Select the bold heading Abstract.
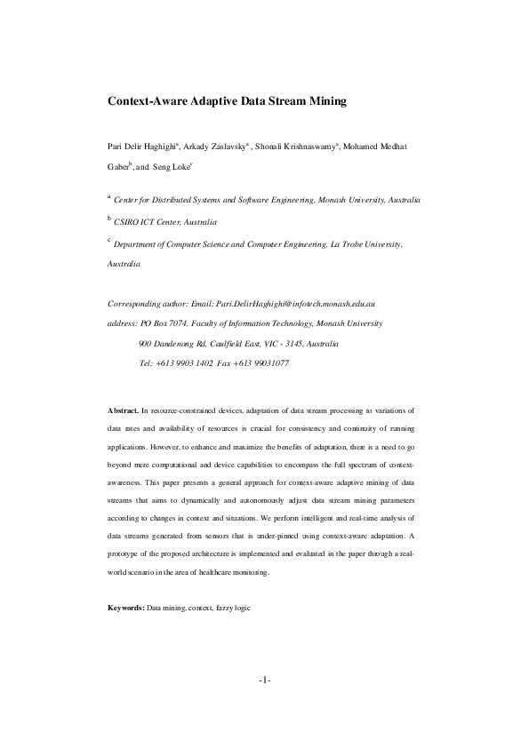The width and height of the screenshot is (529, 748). [123, 412]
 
